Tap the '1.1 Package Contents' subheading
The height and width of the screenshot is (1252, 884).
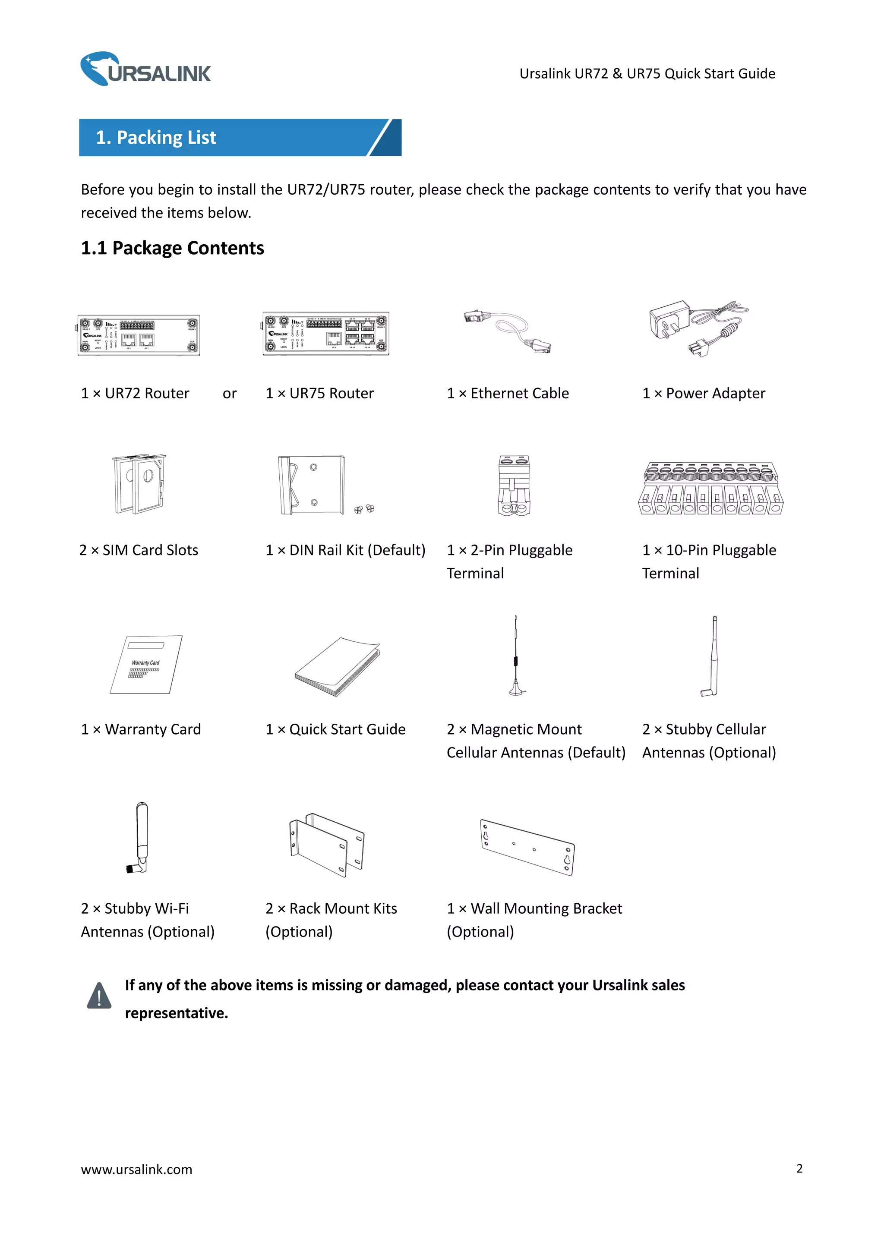click(172, 248)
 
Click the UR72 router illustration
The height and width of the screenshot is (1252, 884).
click(139, 335)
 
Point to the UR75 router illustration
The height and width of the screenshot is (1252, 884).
click(325, 333)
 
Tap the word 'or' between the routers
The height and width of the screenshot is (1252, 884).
click(230, 394)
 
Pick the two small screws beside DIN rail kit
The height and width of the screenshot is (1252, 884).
click(364, 509)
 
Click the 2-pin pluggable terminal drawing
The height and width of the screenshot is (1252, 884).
click(514, 486)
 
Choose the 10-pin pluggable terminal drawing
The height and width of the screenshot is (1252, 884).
click(710, 488)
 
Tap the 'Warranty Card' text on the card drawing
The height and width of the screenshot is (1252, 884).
click(145, 662)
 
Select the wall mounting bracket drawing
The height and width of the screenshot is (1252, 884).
click(527, 847)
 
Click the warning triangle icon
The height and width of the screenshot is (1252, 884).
click(99, 996)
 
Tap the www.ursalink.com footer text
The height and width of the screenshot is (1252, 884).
click(136, 1169)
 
